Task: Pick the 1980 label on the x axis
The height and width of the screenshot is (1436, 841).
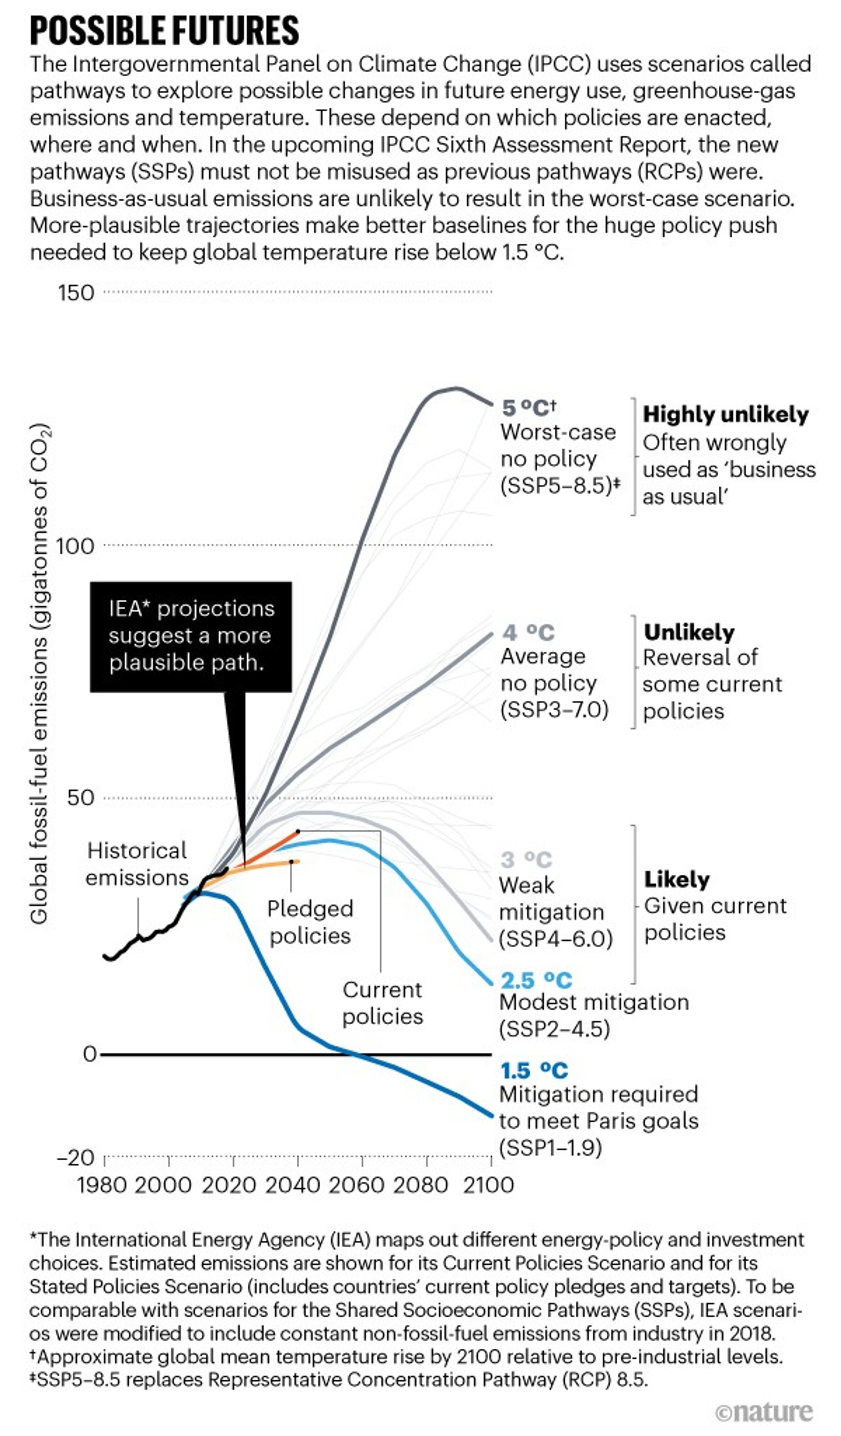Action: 101,1185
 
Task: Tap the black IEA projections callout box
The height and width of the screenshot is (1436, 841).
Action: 191,636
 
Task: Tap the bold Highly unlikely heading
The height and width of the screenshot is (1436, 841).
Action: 725,414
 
